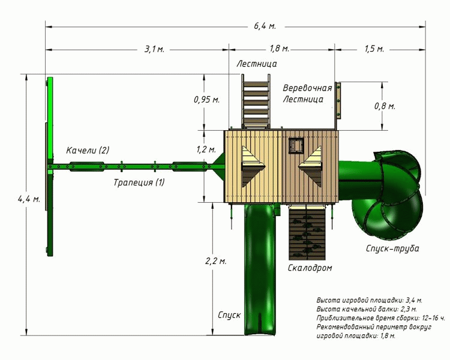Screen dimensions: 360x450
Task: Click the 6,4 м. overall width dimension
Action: tap(265, 26)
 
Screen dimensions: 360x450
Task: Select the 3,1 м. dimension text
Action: tap(154, 49)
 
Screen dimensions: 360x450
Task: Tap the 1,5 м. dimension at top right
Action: tap(374, 49)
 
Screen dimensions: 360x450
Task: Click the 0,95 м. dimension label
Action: tap(206, 100)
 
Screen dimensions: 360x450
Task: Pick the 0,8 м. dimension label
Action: tap(385, 106)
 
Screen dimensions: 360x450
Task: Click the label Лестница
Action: tap(257, 63)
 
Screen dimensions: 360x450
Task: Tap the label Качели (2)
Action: tap(88, 150)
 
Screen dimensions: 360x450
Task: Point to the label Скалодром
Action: tap(310, 268)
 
